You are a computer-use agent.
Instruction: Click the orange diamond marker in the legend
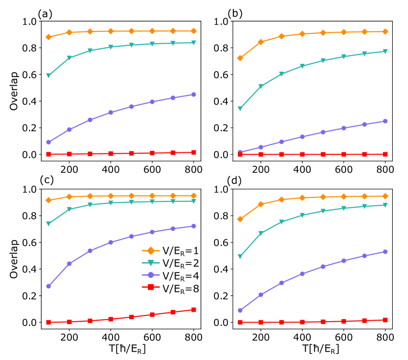pyautogui.click(x=150, y=250)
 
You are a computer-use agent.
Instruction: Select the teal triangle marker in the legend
pyautogui.click(x=150, y=263)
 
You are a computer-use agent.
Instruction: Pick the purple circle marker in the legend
pyautogui.click(x=150, y=275)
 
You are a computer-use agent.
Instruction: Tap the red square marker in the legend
pyautogui.click(x=150, y=287)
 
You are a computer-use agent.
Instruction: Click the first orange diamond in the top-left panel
pyautogui.click(x=49, y=37)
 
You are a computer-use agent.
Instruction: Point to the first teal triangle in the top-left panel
pyautogui.click(x=49, y=76)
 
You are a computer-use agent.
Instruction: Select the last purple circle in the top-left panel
pyautogui.click(x=194, y=94)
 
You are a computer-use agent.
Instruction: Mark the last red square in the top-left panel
pyautogui.click(x=194, y=152)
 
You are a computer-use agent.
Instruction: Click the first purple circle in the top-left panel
pyautogui.click(x=49, y=142)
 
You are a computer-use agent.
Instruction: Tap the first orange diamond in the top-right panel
pyautogui.click(x=240, y=58)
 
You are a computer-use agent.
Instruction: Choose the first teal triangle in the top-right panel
pyautogui.click(x=240, y=109)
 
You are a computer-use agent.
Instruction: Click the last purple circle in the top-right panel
pyautogui.click(x=385, y=121)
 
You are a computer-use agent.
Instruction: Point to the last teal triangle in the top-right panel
pyautogui.click(x=385, y=51)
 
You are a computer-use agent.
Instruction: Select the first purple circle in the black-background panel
pyautogui.click(x=49, y=286)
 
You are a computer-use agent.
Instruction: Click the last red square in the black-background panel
pyautogui.click(x=194, y=309)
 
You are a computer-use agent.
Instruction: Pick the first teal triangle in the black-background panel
pyautogui.click(x=49, y=223)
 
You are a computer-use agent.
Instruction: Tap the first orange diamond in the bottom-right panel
pyautogui.click(x=240, y=219)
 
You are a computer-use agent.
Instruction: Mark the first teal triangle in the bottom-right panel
pyautogui.click(x=240, y=256)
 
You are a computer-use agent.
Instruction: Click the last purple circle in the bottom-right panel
pyautogui.click(x=385, y=251)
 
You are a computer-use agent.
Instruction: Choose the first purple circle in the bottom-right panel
pyautogui.click(x=240, y=310)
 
